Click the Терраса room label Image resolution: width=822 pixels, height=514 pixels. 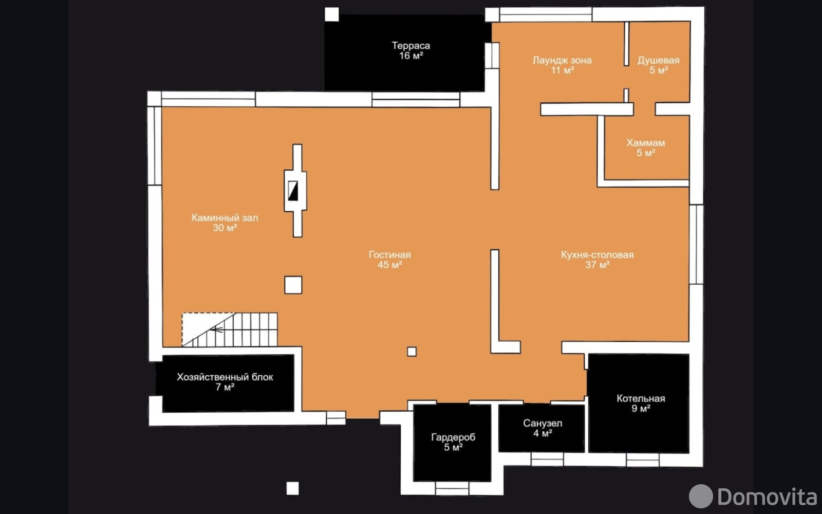410,46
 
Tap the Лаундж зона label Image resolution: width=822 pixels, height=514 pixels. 562,60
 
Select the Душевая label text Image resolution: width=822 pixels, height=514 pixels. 658,60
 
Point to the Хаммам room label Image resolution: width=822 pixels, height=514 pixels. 645,143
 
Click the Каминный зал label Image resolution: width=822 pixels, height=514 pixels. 225,218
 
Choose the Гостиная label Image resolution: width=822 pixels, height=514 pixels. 390,254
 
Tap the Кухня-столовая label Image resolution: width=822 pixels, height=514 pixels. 597,254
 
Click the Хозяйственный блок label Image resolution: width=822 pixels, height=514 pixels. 225,377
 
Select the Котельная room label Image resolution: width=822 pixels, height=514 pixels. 641,398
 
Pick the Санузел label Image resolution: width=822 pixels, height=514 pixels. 543,424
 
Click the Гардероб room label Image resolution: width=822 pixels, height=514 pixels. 453,437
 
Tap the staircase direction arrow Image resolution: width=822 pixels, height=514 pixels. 216,329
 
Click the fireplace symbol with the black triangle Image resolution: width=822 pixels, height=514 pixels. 293,191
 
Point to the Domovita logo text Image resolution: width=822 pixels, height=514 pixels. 768,497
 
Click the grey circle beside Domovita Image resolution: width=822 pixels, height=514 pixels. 701,497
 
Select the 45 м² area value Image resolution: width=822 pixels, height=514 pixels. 390,264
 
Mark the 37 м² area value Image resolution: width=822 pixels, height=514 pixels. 597,264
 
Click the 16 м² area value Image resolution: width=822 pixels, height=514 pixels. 410,56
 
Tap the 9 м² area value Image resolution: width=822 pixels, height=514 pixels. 641,408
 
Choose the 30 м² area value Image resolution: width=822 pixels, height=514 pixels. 225,228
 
